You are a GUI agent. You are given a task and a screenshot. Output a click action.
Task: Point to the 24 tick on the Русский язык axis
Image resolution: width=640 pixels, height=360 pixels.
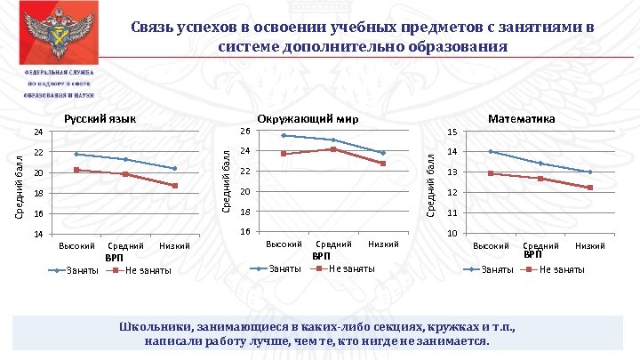tap(38, 132)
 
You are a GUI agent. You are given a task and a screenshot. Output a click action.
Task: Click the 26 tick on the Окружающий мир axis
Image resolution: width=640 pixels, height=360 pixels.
tap(245, 132)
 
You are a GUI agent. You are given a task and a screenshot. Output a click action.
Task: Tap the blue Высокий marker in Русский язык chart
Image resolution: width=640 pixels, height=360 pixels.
tap(76, 154)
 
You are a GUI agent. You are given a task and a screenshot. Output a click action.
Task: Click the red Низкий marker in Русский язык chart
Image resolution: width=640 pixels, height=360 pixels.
tap(175, 186)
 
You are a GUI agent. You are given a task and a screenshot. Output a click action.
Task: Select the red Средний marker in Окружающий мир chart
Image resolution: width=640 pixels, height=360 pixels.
tap(332, 148)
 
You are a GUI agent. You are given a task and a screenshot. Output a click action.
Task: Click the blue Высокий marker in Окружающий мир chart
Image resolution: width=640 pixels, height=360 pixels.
tap(283, 135)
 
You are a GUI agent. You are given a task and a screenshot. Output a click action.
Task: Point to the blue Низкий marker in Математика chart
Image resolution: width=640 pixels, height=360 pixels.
tap(590, 172)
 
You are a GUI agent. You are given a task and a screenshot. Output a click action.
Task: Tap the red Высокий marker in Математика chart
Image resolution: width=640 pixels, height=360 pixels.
tap(491, 173)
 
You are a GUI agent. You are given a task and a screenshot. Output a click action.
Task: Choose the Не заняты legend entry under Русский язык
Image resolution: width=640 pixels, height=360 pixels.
tap(143, 270)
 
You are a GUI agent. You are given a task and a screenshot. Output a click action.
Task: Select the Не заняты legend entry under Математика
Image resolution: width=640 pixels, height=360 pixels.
tap(562, 269)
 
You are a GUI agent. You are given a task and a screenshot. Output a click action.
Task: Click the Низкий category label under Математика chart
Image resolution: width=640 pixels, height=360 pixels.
tap(590, 245)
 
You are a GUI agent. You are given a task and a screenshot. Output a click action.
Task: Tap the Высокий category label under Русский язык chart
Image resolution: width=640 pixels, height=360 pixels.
tap(76, 245)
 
